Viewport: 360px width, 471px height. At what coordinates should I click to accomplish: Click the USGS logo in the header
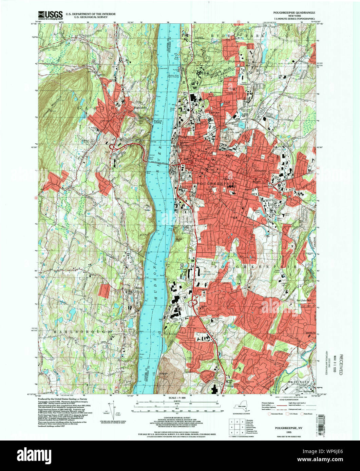[x=50, y=14]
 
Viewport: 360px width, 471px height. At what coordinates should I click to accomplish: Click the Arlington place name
[x=261, y=171]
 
